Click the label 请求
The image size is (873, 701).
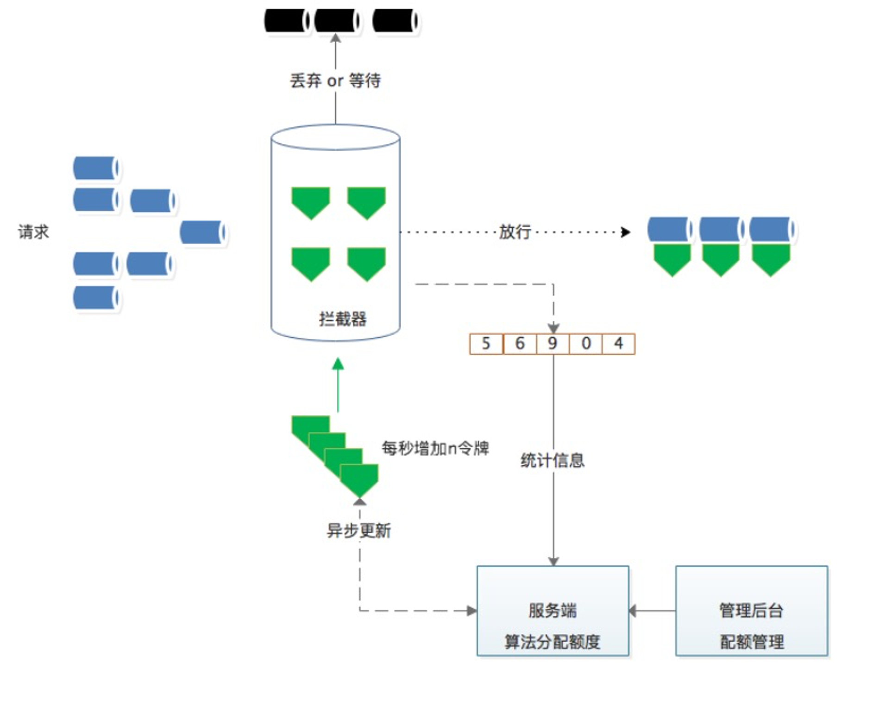33,232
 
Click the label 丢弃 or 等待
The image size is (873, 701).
335,81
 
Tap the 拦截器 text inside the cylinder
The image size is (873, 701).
342,319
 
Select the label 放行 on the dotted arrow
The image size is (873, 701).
515,232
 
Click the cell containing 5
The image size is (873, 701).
486,344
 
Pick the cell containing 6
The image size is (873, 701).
520,344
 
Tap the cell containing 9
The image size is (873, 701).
553,344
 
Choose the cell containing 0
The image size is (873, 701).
586,344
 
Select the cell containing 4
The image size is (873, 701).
619,344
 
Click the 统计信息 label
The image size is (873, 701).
553,460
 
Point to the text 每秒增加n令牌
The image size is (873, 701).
435,448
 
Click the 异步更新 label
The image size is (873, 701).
359,530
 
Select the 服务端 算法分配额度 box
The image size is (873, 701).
553,611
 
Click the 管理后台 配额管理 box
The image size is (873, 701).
751,611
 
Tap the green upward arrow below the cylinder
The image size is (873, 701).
338,384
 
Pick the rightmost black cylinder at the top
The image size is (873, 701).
395,21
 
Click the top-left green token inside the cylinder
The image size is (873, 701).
310,201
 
